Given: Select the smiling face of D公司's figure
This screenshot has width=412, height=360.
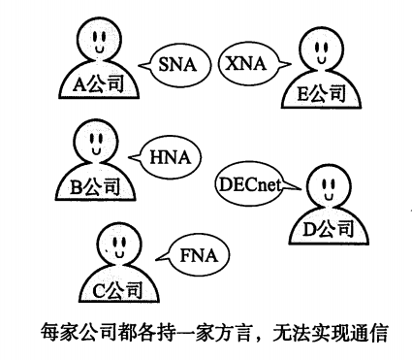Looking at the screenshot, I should pyautogui.click(x=327, y=185).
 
